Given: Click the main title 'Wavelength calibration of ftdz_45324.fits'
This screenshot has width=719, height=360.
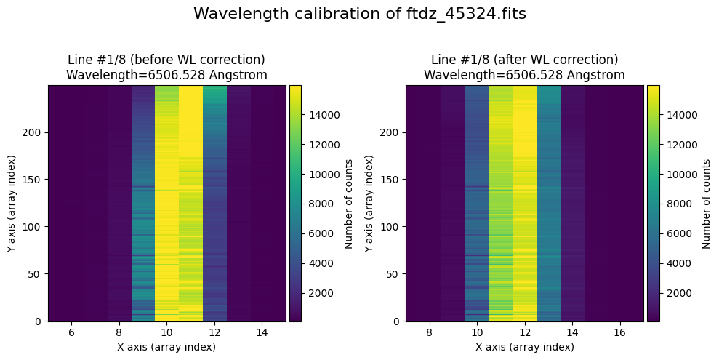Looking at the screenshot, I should [359, 14].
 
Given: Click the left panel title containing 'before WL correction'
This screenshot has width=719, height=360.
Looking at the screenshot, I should [166, 67].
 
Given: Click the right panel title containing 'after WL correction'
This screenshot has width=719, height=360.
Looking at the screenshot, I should [524, 67].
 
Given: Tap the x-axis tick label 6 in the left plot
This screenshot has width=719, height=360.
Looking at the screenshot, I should [71, 332].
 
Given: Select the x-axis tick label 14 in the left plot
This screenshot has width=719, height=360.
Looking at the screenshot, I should [262, 332].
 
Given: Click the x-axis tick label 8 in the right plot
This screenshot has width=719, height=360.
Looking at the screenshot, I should [429, 332].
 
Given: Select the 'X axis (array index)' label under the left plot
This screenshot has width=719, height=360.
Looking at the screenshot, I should [166, 347].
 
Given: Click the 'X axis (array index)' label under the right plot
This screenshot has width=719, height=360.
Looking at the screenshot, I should [524, 347].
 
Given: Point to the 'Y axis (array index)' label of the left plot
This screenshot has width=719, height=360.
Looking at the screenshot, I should [11, 204].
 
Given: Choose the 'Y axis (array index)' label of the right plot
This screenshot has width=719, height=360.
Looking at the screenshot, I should [369, 204].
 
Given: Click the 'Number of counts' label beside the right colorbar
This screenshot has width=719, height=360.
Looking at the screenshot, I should [707, 204].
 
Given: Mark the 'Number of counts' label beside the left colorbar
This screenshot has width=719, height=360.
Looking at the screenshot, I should [349, 204].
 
